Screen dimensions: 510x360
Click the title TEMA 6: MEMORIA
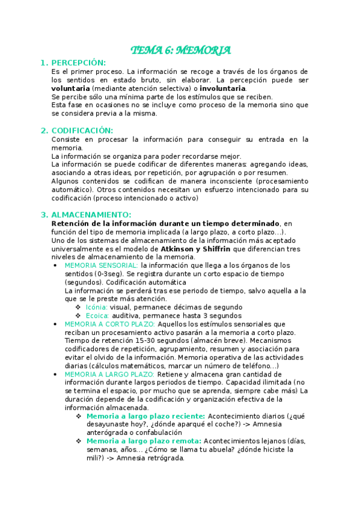181,51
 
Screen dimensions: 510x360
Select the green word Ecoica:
97,316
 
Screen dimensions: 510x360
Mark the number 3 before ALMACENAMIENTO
43,215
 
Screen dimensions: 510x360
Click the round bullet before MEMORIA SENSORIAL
55,265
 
